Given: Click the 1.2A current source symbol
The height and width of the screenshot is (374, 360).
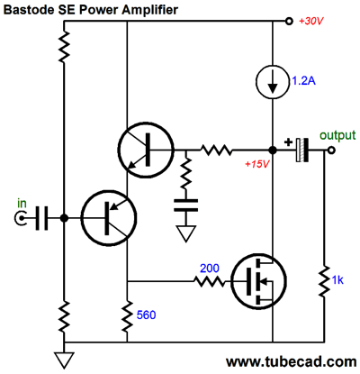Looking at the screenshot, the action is coord(273,81).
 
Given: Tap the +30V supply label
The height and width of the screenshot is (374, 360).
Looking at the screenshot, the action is coord(311,22).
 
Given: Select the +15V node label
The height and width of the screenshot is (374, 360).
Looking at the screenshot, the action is coord(257,164).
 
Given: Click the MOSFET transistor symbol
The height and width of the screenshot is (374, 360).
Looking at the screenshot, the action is coord(259,281).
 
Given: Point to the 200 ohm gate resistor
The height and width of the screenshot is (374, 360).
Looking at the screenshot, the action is coord(209,281).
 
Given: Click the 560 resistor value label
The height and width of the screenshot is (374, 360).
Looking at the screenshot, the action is coord(146,315).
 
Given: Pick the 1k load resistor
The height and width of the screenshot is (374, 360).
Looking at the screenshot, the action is coord(324,281).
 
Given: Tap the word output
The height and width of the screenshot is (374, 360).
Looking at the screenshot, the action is coord(337,135).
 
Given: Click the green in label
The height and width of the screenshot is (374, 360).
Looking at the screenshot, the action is coord(22,204).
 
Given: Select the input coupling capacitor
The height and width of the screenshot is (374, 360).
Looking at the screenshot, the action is coord(41,218).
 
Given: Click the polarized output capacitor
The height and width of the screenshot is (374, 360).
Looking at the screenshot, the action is coord(301,150).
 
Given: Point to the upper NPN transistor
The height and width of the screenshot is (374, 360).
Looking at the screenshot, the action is coord(146,150).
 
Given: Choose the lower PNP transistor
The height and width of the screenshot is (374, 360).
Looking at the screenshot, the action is coord(109,218).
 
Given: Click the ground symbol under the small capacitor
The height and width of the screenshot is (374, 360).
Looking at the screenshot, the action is coord(186,233).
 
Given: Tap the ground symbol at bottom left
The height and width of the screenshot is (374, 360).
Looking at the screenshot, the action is coord(64,360).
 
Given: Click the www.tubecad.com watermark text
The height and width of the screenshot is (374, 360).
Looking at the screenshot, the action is coord(292,361).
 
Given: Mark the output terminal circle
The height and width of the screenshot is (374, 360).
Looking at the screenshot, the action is coord(331,150).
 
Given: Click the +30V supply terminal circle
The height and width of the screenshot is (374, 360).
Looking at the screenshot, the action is coord(289,22).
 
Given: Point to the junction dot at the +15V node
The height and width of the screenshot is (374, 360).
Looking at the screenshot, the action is coord(273,150).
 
